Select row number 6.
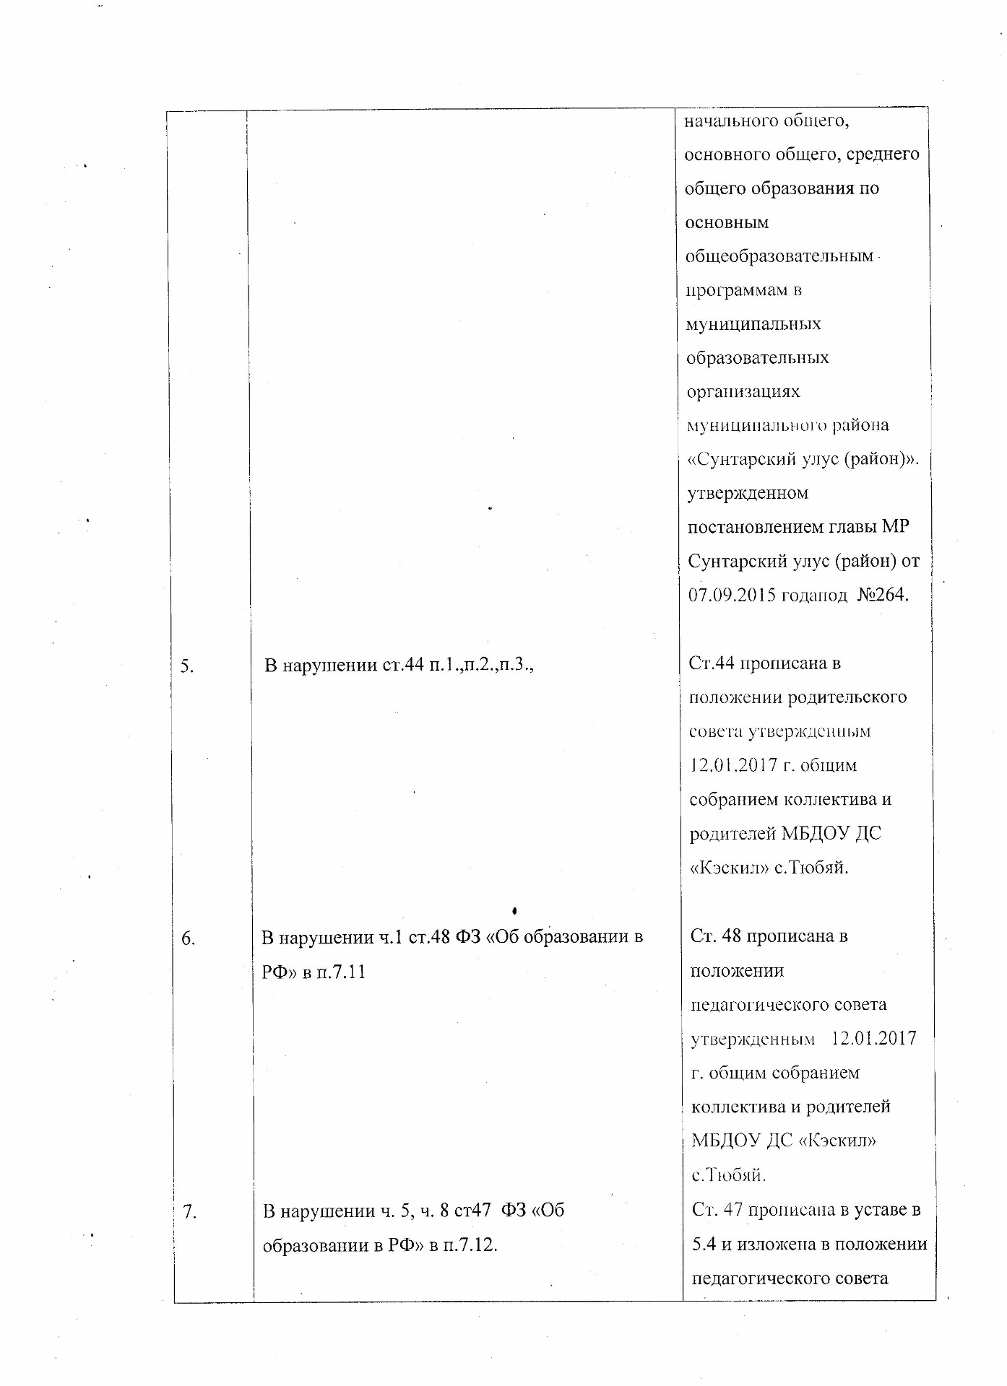(x=188, y=938)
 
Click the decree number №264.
(x=882, y=595)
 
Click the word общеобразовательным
(x=779, y=256)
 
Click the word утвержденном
(x=748, y=494)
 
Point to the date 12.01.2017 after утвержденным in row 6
(x=874, y=1039)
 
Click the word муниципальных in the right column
(x=753, y=324)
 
